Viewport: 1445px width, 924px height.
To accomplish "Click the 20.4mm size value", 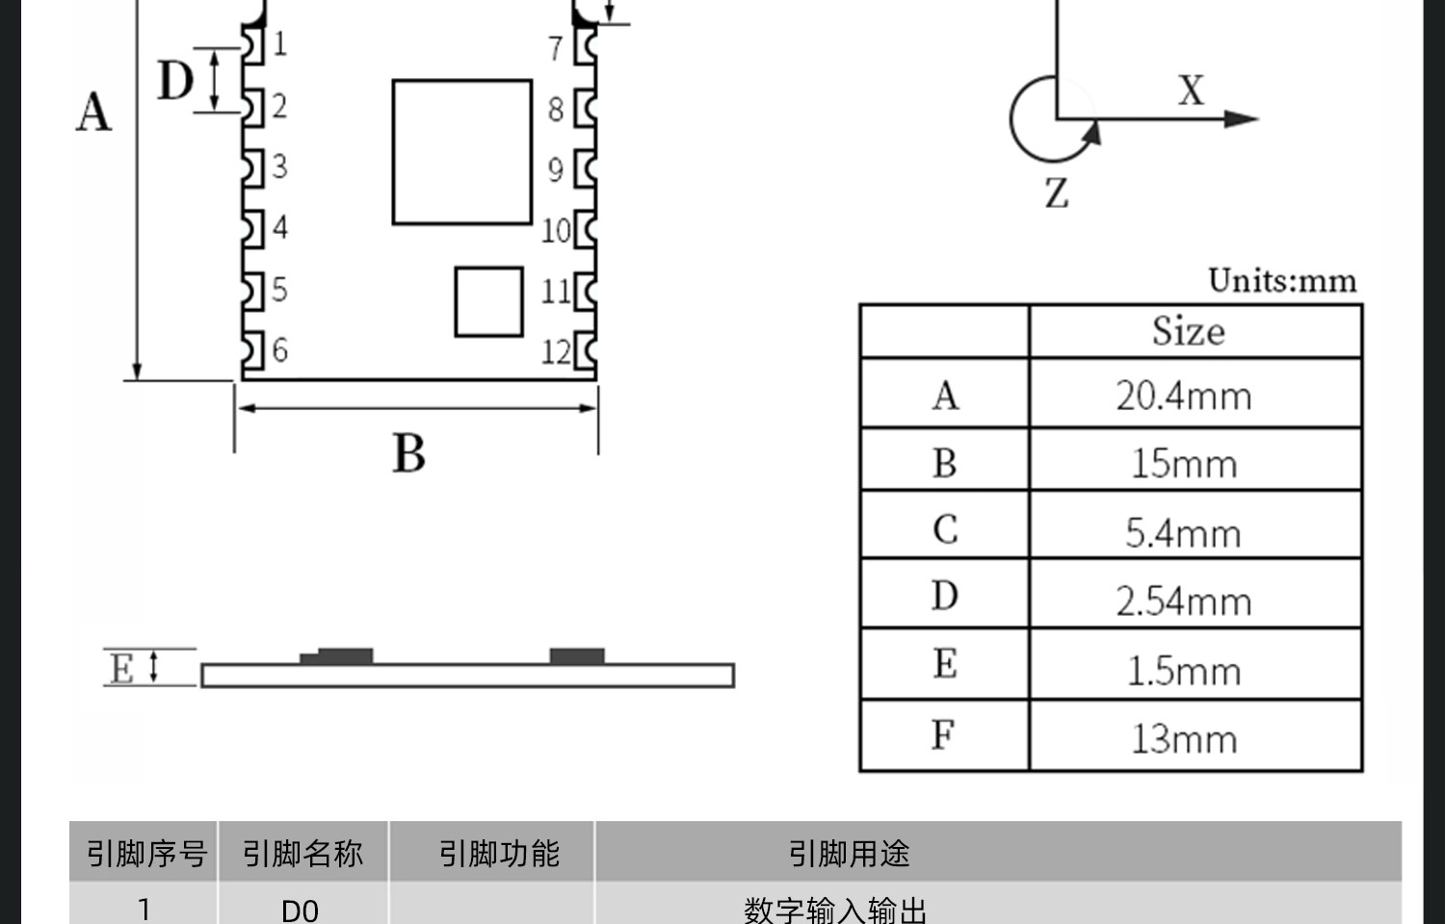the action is [x=1183, y=396].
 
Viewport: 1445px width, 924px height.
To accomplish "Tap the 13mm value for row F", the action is [x=1184, y=739].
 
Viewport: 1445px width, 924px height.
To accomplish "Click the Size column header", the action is [x=1188, y=331].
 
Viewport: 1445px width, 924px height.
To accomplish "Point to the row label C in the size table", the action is [x=945, y=529].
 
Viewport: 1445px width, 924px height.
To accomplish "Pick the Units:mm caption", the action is [x=1282, y=281].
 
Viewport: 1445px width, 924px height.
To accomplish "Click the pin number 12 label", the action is [x=556, y=352].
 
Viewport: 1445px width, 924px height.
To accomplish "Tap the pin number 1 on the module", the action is [x=279, y=44].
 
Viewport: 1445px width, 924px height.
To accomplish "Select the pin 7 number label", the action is [x=555, y=48].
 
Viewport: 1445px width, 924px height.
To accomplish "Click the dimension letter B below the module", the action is [x=409, y=453].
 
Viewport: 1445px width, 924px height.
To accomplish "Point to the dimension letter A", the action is [x=94, y=112].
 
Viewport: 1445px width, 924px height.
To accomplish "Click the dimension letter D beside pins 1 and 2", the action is [x=174, y=80].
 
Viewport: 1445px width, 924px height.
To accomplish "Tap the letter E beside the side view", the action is [x=122, y=668].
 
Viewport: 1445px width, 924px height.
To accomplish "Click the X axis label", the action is [x=1191, y=90].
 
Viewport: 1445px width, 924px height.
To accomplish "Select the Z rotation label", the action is [x=1057, y=192].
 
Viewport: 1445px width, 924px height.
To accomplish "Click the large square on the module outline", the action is [x=461, y=152].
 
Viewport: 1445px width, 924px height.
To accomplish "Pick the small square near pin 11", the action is [x=489, y=301].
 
